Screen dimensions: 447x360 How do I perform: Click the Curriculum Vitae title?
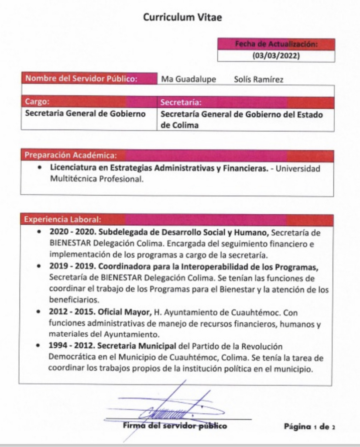pos(179,17)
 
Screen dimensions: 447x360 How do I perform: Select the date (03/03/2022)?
pos(276,55)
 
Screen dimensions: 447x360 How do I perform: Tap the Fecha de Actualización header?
pos(276,44)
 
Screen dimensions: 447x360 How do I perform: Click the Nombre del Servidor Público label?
pos(82,79)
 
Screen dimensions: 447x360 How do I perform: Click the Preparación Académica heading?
pos(71,155)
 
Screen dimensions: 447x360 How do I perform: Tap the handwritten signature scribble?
pos(170,408)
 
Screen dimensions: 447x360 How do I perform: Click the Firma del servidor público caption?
pos(175,426)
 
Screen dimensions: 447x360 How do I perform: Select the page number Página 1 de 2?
pos(309,426)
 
